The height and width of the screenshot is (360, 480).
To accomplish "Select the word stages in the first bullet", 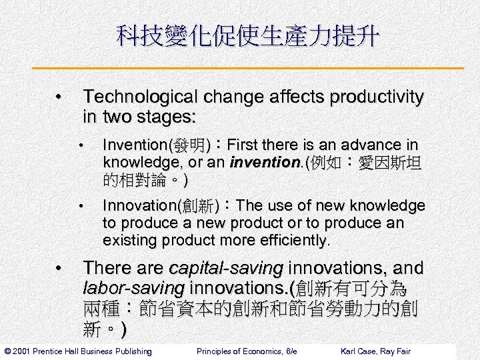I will pos(166,117).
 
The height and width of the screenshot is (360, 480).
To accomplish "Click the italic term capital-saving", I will pos(227,268).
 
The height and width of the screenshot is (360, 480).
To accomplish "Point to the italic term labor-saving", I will pos(134,289).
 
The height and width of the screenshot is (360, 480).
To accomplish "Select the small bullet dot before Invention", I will pos(80,145).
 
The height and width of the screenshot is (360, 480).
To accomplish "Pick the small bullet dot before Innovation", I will pos(80,206).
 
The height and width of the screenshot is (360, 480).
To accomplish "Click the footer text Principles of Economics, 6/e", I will pos(247,351).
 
